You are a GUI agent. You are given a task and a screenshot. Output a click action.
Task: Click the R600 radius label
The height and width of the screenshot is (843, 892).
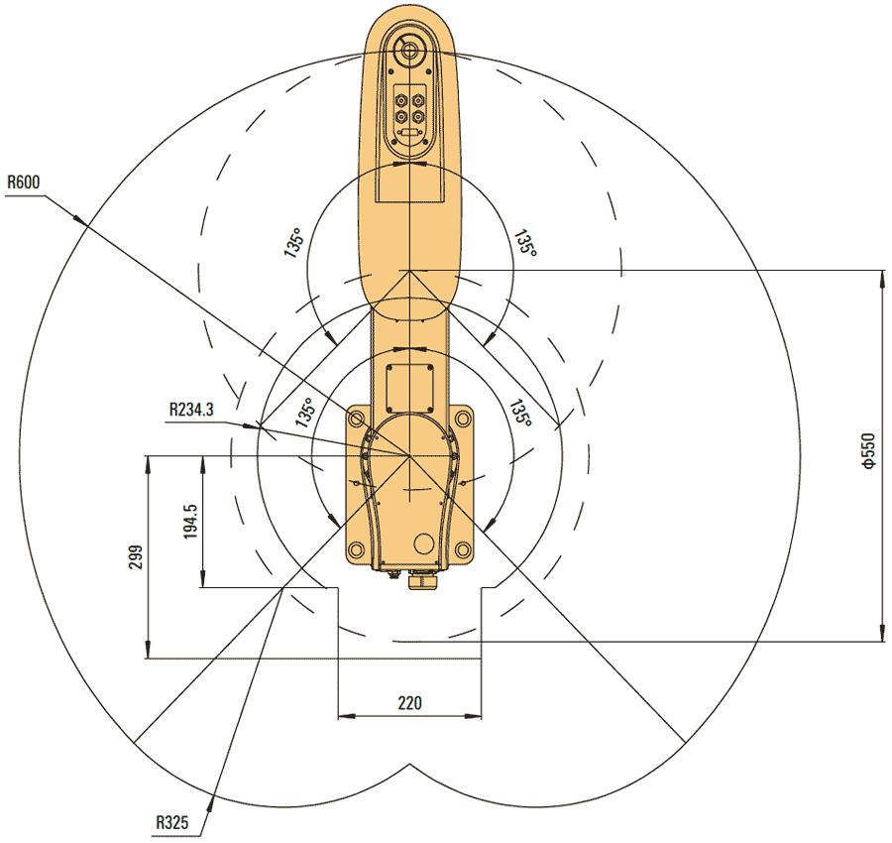[x=24, y=182]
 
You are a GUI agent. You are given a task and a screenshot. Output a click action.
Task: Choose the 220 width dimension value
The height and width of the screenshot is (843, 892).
[x=409, y=702]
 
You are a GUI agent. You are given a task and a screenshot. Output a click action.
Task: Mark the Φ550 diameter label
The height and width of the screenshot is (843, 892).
[x=867, y=451]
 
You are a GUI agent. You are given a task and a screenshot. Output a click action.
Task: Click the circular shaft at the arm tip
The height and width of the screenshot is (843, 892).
[x=408, y=51]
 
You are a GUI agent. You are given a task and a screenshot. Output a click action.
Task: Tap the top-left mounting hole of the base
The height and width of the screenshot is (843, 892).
[x=356, y=420]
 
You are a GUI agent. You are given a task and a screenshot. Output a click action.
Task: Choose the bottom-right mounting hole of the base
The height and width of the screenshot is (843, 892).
[x=463, y=548]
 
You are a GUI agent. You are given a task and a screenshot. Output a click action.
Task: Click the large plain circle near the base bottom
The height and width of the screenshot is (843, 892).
[x=424, y=542]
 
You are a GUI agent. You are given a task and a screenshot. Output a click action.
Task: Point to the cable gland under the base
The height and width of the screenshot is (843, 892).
[x=421, y=581]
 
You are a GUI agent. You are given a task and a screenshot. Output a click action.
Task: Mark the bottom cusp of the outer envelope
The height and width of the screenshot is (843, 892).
[x=410, y=764]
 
